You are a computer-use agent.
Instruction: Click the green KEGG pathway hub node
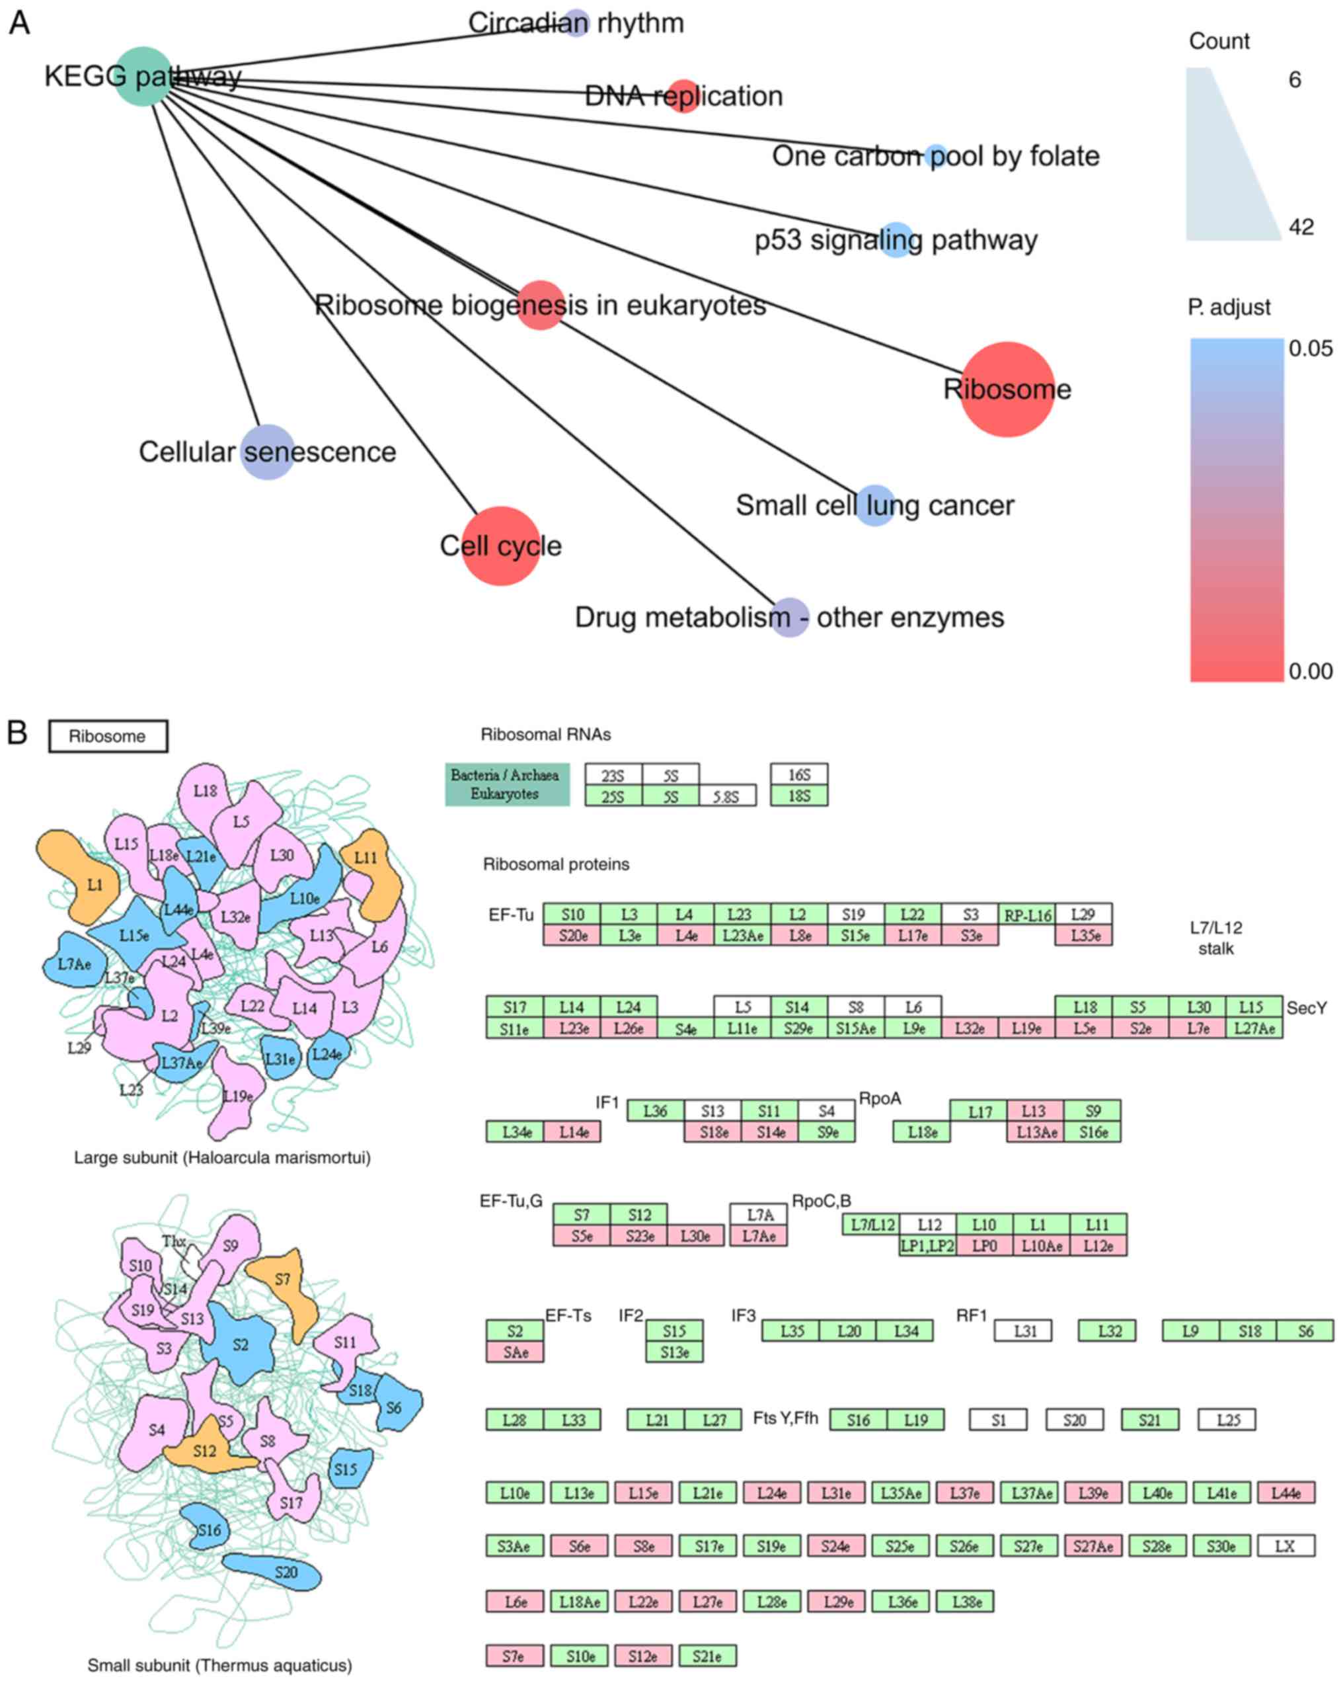point(143,76)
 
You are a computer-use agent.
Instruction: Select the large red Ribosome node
point(1007,389)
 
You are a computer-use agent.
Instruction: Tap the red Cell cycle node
point(501,546)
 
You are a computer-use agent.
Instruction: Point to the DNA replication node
point(683,96)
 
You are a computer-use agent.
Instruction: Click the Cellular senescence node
point(268,452)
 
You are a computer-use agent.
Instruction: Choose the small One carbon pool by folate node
point(936,156)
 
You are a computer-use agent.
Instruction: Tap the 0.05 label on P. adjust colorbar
point(1310,348)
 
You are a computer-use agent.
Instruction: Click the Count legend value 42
point(1301,227)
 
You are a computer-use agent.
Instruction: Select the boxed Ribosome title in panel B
point(108,736)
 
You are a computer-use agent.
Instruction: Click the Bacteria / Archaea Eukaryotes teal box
point(506,784)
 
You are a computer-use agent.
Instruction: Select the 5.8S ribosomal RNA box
point(727,796)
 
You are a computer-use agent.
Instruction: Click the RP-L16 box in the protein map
point(1026,914)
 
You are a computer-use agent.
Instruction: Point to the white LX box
point(1284,1545)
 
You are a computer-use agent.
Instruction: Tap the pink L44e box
point(1285,1493)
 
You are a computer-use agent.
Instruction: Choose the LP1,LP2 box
point(927,1246)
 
